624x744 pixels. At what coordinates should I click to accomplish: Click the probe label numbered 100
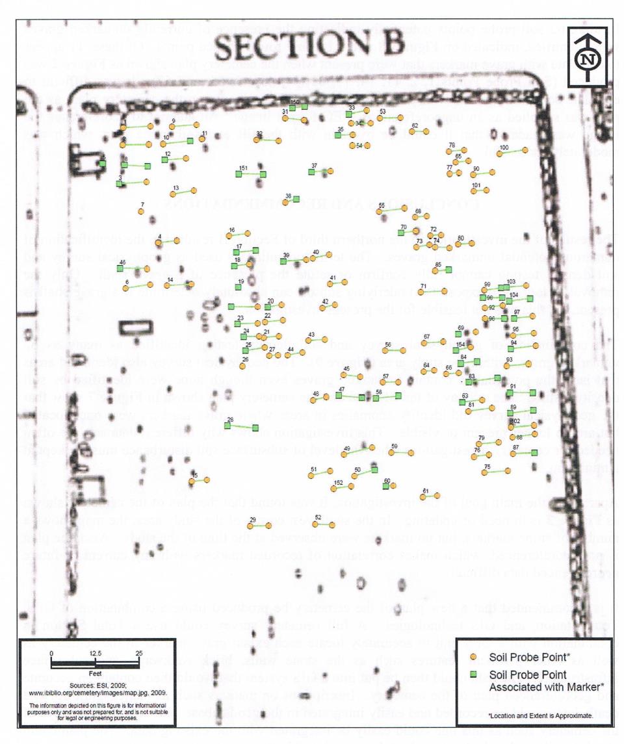click(x=503, y=148)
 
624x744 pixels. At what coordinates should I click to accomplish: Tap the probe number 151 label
click(x=243, y=168)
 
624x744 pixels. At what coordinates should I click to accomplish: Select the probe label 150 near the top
click(x=294, y=102)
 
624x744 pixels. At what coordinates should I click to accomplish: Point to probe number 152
click(x=338, y=482)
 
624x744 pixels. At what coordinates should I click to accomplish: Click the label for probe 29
click(x=252, y=519)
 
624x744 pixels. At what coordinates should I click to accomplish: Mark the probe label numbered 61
click(x=425, y=491)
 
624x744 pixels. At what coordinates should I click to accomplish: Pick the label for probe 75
click(x=487, y=467)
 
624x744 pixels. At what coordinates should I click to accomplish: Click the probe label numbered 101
click(x=476, y=186)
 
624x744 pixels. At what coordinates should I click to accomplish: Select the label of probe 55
click(x=382, y=205)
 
